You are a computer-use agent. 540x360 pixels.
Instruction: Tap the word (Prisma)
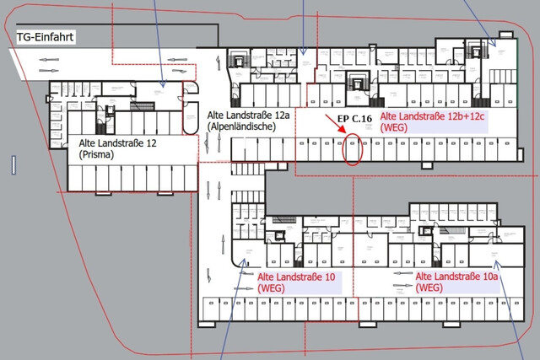coord(96,155)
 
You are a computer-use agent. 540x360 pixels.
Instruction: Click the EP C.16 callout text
coord(354,121)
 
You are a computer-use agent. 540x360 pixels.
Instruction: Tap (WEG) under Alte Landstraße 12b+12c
coord(395,128)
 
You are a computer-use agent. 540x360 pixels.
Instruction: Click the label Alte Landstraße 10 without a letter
coord(297,277)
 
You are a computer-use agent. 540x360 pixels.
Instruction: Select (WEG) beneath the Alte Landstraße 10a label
coord(429,288)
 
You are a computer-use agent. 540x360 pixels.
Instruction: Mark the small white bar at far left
coord(14,165)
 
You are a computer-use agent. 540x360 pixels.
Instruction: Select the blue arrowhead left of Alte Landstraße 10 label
coord(246,263)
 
